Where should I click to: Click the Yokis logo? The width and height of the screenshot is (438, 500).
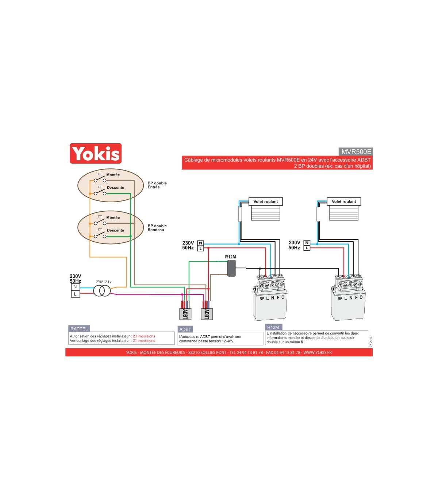point(96,153)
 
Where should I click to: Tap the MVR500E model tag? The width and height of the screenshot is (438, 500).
point(356,152)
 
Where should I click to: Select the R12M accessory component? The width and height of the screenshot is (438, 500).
point(231,268)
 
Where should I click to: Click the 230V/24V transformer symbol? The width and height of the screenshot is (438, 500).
point(102,290)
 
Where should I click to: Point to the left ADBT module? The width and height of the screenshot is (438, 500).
point(185,314)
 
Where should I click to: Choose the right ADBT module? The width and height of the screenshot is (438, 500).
point(207,314)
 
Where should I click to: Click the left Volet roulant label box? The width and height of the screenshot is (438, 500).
point(266,202)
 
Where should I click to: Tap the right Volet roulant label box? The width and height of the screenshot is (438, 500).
point(344,202)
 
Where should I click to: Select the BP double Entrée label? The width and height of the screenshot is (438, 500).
point(157,185)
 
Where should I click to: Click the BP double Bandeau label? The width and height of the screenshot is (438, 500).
point(157,228)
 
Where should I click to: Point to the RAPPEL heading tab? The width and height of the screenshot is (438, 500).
point(79,329)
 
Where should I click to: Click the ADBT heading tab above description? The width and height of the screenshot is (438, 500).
point(185,329)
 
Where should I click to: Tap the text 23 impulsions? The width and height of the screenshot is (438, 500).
point(144,336)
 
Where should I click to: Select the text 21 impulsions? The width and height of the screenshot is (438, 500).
point(144,341)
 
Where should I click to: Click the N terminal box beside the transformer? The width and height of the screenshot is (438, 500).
point(75,287)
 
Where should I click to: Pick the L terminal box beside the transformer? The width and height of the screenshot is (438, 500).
point(75,294)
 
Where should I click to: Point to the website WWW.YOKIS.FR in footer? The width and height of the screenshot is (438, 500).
point(318,352)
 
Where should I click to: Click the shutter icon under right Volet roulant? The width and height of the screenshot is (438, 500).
point(344,213)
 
